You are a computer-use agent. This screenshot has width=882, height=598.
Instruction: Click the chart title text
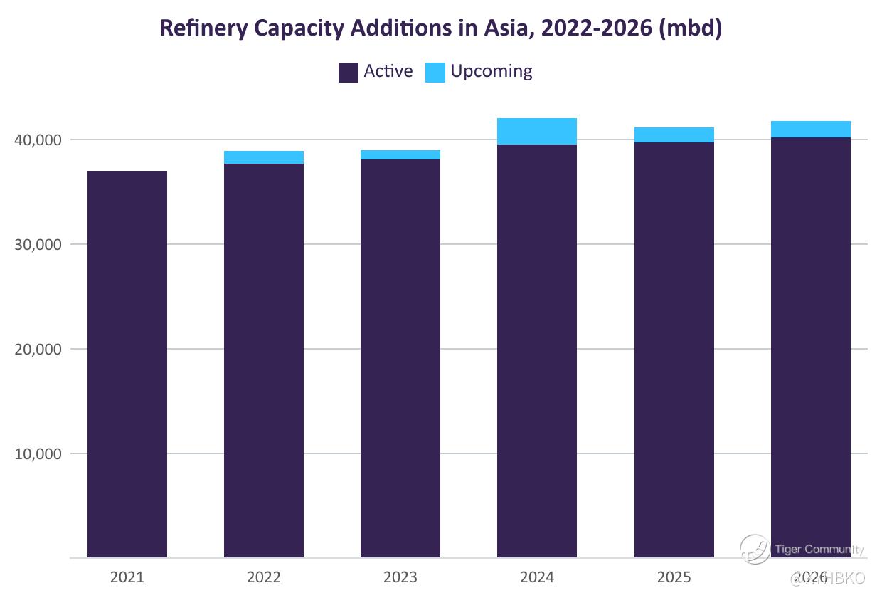click(x=440, y=28)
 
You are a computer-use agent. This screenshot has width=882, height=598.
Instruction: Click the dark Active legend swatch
click(x=348, y=73)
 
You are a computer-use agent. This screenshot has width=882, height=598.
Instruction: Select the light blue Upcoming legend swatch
click(x=435, y=73)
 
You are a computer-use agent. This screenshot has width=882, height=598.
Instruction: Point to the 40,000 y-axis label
click(x=38, y=140)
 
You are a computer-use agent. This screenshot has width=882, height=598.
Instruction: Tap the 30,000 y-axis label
click(x=38, y=245)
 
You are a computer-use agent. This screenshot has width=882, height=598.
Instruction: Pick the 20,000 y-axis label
click(x=38, y=350)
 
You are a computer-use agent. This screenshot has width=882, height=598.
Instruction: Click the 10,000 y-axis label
click(x=38, y=454)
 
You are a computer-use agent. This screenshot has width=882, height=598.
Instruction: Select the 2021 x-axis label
click(x=127, y=577)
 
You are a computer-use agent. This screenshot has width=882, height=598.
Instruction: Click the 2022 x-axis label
click(x=264, y=577)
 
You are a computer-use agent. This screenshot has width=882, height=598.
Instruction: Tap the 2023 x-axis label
click(x=400, y=577)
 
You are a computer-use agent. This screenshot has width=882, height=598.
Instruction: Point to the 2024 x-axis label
click(x=537, y=577)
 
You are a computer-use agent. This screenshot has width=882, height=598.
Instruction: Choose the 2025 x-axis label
click(x=674, y=577)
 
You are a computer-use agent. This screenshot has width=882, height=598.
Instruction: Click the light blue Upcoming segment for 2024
click(x=537, y=132)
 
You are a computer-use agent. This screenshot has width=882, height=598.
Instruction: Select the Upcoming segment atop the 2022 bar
click(x=264, y=157)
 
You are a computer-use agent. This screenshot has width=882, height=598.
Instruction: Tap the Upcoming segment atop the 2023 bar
click(x=400, y=155)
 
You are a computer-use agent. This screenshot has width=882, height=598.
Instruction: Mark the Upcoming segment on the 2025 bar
click(x=674, y=135)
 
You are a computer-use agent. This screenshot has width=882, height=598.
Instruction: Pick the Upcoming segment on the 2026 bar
click(x=811, y=130)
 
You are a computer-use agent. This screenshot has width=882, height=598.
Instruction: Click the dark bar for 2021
click(x=127, y=363)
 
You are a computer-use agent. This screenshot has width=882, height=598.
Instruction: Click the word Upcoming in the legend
click(x=491, y=71)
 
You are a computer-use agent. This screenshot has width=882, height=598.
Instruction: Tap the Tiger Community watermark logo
click(x=755, y=549)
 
